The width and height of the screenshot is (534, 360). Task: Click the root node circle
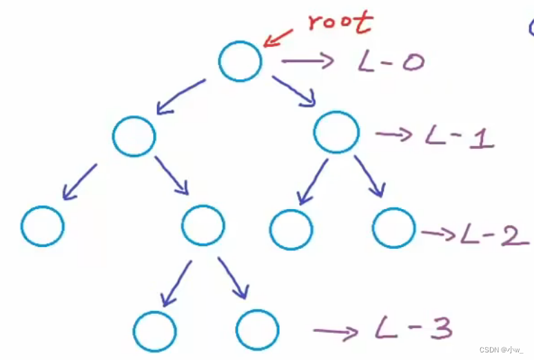(240, 61)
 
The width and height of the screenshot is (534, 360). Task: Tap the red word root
(340, 22)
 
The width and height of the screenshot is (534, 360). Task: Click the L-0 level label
(391, 63)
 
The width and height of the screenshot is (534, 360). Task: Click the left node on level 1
(134, 135)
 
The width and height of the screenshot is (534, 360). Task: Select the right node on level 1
(336, 132)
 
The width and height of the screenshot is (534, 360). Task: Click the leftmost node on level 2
(43, 226)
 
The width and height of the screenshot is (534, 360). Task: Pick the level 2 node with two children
(203, 226)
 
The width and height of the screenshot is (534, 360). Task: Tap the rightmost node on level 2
(394, 228)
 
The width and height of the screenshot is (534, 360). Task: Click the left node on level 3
(155, 332)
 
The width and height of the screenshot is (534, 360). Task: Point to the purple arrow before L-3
(335, 332)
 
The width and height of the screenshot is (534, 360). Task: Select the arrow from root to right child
(294, 91)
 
